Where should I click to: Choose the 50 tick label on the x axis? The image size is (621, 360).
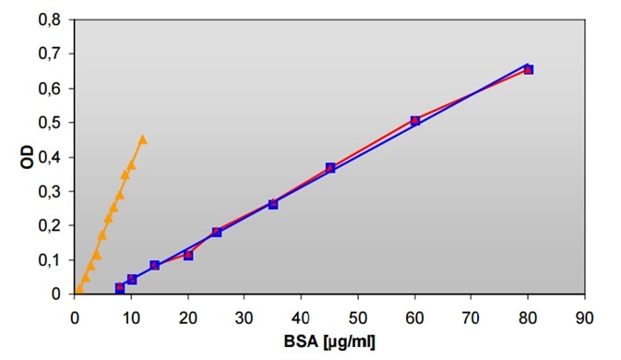point(358,314)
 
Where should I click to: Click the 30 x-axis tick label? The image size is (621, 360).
point(245,314)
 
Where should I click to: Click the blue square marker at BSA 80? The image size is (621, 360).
point(529,69)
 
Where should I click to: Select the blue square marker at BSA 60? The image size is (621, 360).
point(415,121)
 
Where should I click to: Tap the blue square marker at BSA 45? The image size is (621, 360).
point(330,168)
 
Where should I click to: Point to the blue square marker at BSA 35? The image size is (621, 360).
point(273,204)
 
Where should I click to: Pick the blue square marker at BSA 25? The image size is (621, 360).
point(217,233)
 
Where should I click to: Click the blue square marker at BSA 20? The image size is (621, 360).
point(188,255)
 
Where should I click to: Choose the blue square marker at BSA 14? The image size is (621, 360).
point(155,265)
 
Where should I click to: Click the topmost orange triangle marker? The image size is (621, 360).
point(142,139)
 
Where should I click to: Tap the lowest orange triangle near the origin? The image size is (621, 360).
point(79,289)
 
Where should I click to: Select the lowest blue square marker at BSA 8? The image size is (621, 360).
point(120,288)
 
